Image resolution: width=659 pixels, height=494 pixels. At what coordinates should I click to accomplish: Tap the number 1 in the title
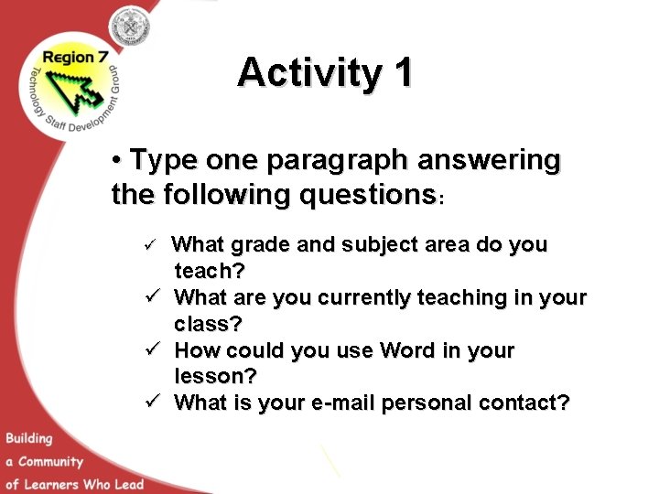click(402, 73)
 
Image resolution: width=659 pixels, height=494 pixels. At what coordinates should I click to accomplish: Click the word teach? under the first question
click(210, 271)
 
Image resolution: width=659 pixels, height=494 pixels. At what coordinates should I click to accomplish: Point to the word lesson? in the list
click(216, 376)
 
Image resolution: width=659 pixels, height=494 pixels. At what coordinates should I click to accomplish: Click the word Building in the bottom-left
click(30, 439)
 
